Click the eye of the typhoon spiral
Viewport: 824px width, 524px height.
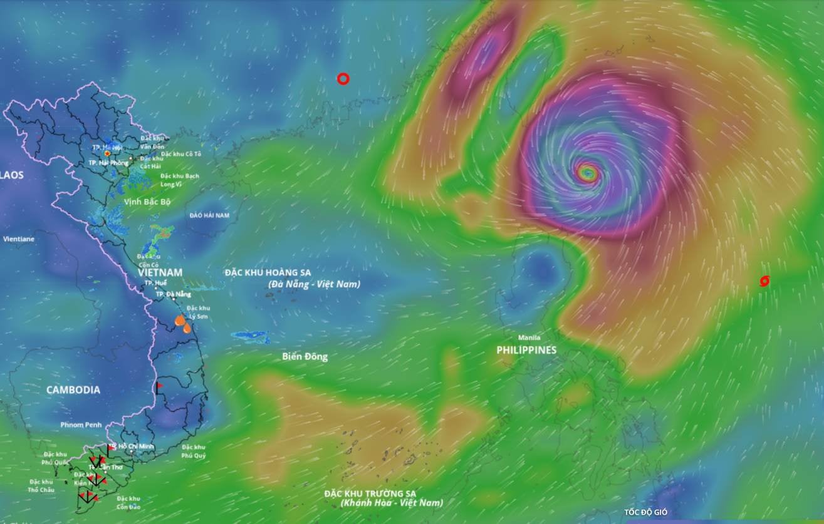pyautogui.click(x=587, y=172)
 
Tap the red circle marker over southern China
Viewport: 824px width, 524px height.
pyautogui.click(x=343, y=79)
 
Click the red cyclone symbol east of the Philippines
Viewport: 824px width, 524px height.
pyautogui.click(x=764, y=281)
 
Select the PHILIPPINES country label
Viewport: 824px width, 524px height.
pyautogui.click(x=526, y=350)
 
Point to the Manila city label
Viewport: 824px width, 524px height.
pyautogui.click(x=529, y=337)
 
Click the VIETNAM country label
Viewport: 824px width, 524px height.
pyautogui.click(x=160, y=272)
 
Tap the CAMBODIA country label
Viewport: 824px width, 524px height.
pyautogui.click(x=73, y=389)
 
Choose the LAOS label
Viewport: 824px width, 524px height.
pyautogui.click(x=12, y=175)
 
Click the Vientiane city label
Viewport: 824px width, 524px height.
pyautogui.click(x=19, y=239)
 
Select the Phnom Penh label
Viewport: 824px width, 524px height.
pyautogui.click(x=81, y=424)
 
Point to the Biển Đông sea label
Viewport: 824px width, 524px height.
pyautogui.click(x=305, y=356)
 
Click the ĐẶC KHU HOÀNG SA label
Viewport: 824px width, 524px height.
pyautogui.click(x=268, y=272)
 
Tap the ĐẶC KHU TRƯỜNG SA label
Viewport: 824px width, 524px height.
pyautogui.click(x=370, y=493)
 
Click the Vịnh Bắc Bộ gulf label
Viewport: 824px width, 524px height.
pyautogui.click(x=147, y=202)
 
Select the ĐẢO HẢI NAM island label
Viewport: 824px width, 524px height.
pyautogui.click(x=209, y=215)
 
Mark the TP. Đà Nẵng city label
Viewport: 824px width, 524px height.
pyautogui.click(x=173, y=294)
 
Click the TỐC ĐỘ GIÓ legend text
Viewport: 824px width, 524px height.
pyautogui.click(x=645, y=512)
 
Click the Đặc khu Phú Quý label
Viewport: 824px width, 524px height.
pyautogui.click(x=194, y=451)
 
